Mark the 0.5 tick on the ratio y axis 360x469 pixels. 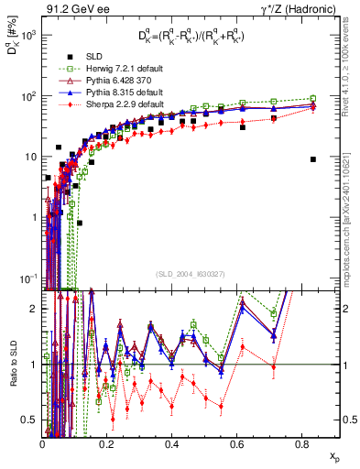pos(29,420)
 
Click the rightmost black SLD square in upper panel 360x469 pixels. pos(313,159)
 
